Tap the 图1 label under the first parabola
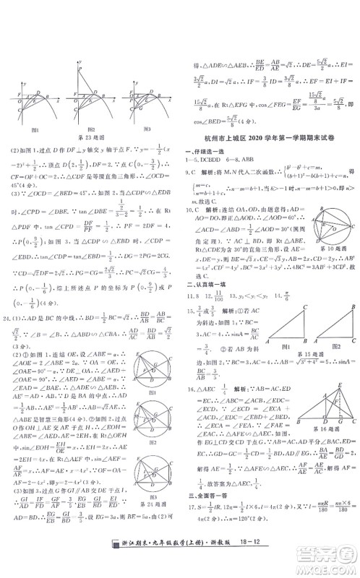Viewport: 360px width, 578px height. pyautogui.click(x=35, y=129)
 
